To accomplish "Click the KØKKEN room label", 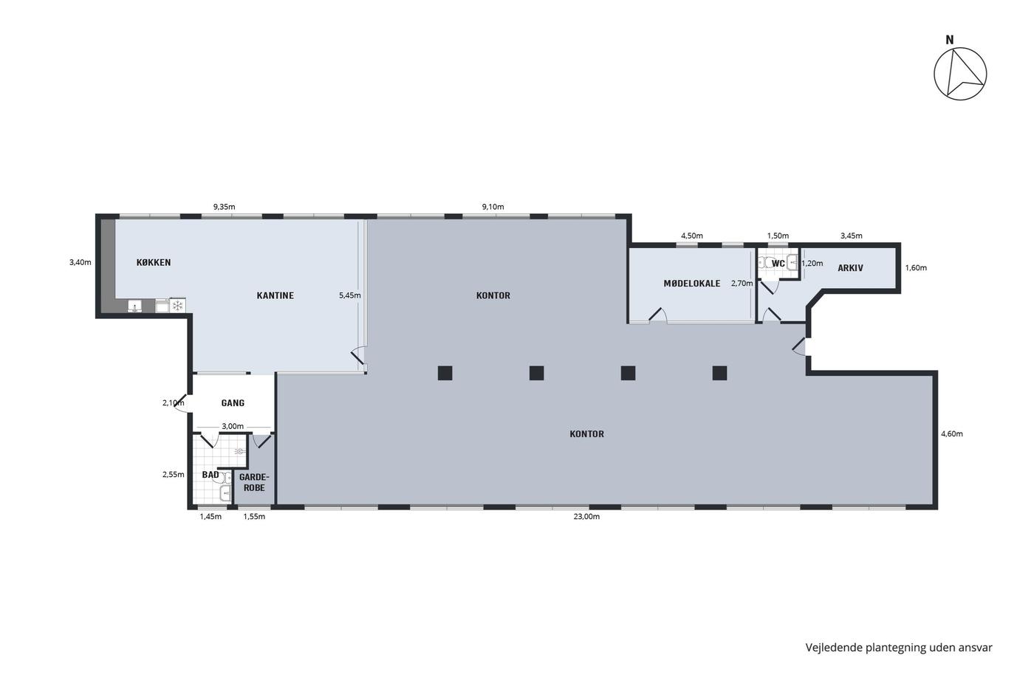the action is tap(154, 262).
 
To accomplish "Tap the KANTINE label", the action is tap(275, 295).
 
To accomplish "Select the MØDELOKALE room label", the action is tap(692, 284).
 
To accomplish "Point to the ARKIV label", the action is tap(850, 267).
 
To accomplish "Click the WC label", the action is tap(778, 264).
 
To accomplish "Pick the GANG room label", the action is tap(233, 403).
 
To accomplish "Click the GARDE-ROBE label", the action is tap(254, 482).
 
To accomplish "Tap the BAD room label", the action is tap(210, 474).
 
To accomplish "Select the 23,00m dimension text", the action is tap(586, 516).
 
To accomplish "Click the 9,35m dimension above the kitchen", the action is tap(224, 207).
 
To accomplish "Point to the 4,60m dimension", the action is tap(952, 433).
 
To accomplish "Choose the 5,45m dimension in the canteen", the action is tap(350, 295).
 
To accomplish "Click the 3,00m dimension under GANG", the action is tap(233, 426).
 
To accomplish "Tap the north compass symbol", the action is tap(960, 74).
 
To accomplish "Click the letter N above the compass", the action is tap(950, 40).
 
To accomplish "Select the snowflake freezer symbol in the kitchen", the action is tap(177, 306).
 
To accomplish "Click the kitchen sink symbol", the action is tap(134, 306).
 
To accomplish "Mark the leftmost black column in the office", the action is tap(445, 373).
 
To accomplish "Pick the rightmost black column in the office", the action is tap(719, 373).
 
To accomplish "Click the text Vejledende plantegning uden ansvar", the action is tap(899, 648).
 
